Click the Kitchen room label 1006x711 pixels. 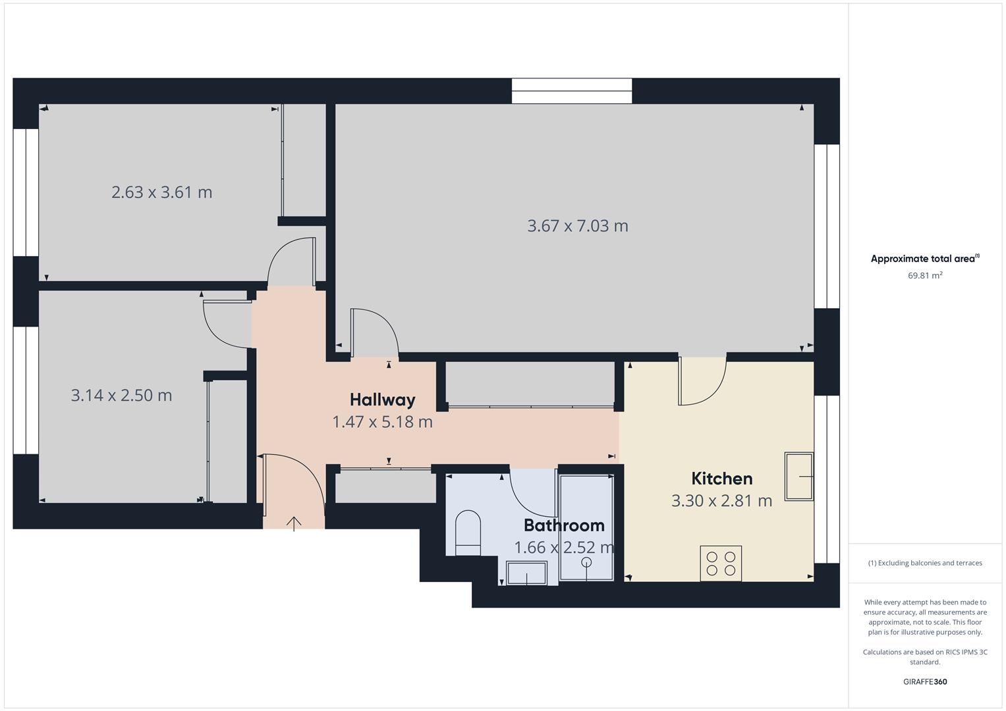click(x=721, y=479)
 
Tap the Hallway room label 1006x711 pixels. click(x=382, y=400)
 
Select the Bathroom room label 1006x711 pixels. click(x=564, y=525)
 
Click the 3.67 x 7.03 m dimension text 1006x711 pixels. click(x=578, y=226)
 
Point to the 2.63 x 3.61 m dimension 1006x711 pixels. click(x=162, y=192)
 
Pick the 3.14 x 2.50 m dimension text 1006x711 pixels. click(x=121, y=395)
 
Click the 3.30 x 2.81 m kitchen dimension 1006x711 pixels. click(x=721, y=501)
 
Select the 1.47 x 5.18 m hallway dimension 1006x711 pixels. click(x=382, y=422)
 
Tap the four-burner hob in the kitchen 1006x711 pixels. click(x=721, y=564)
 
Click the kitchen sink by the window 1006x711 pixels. click(x=798, y=476)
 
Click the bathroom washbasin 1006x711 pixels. click(x=526, y=573)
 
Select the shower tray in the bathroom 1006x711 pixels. click(x=586, y=527)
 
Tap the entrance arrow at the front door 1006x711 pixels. click(x=294, y=523)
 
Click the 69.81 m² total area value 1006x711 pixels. click(x=924, y=276)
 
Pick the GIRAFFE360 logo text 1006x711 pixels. click(x=924, y=681)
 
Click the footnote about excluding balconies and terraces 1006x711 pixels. click(x=924, y=563)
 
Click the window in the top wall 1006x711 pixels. click(x=572, y=91)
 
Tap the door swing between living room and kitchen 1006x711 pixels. click(x=702, y=382)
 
